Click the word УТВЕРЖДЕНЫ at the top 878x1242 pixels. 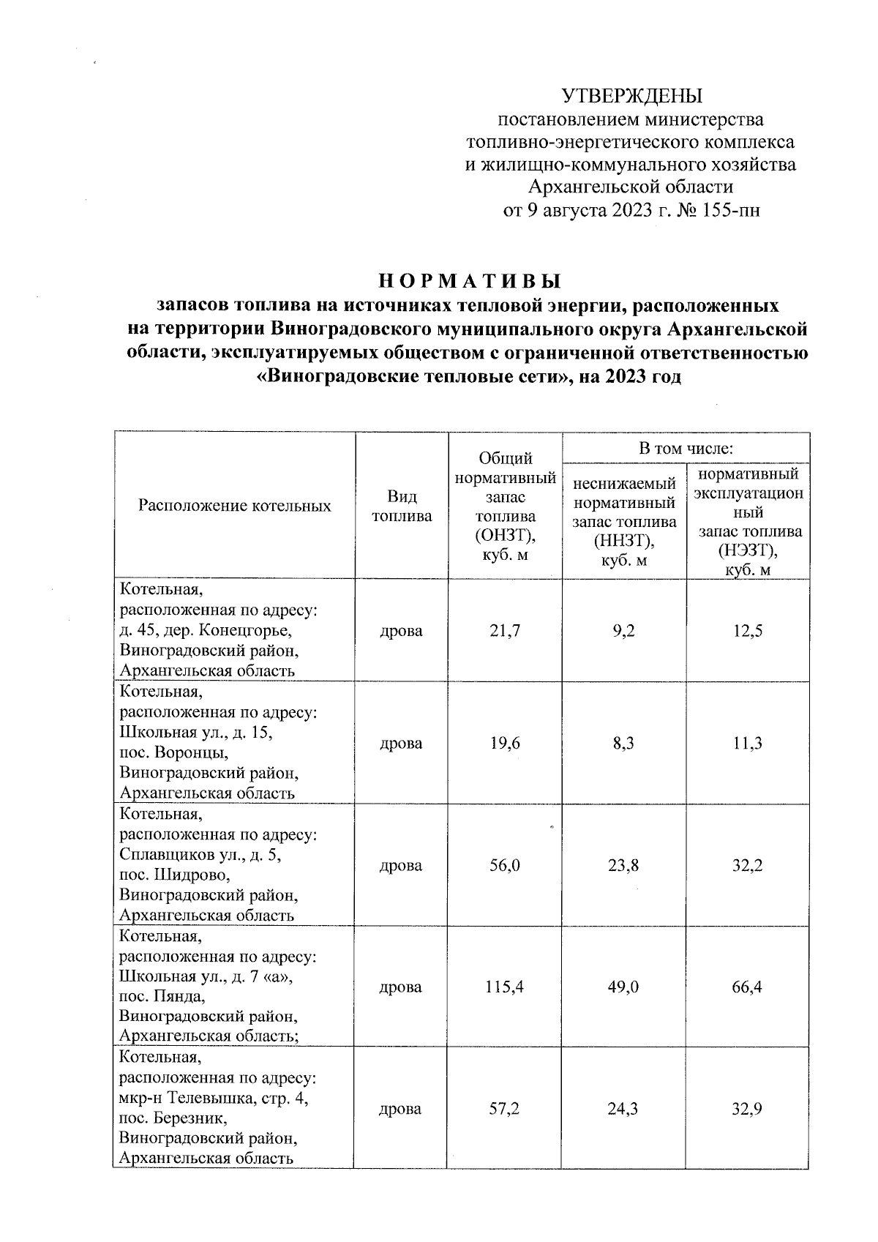(x=631, y=97)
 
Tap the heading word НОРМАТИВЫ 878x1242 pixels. (x=470, y=282)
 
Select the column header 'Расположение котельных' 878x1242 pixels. (x=235, y=506)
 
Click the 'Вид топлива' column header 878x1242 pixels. (x=402, y=506)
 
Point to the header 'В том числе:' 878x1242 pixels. (x=686, y=448)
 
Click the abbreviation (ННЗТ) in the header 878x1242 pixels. (x=624, y=542)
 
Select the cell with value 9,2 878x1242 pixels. (x=624, y=631)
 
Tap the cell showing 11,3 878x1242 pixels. (x=747, y=744)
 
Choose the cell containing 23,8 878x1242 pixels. (x=623, y=866)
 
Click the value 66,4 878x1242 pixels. (x=747, y=987)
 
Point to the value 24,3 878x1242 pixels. (x=623, y=1109)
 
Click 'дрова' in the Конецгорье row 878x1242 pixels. (x=401, y=631)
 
